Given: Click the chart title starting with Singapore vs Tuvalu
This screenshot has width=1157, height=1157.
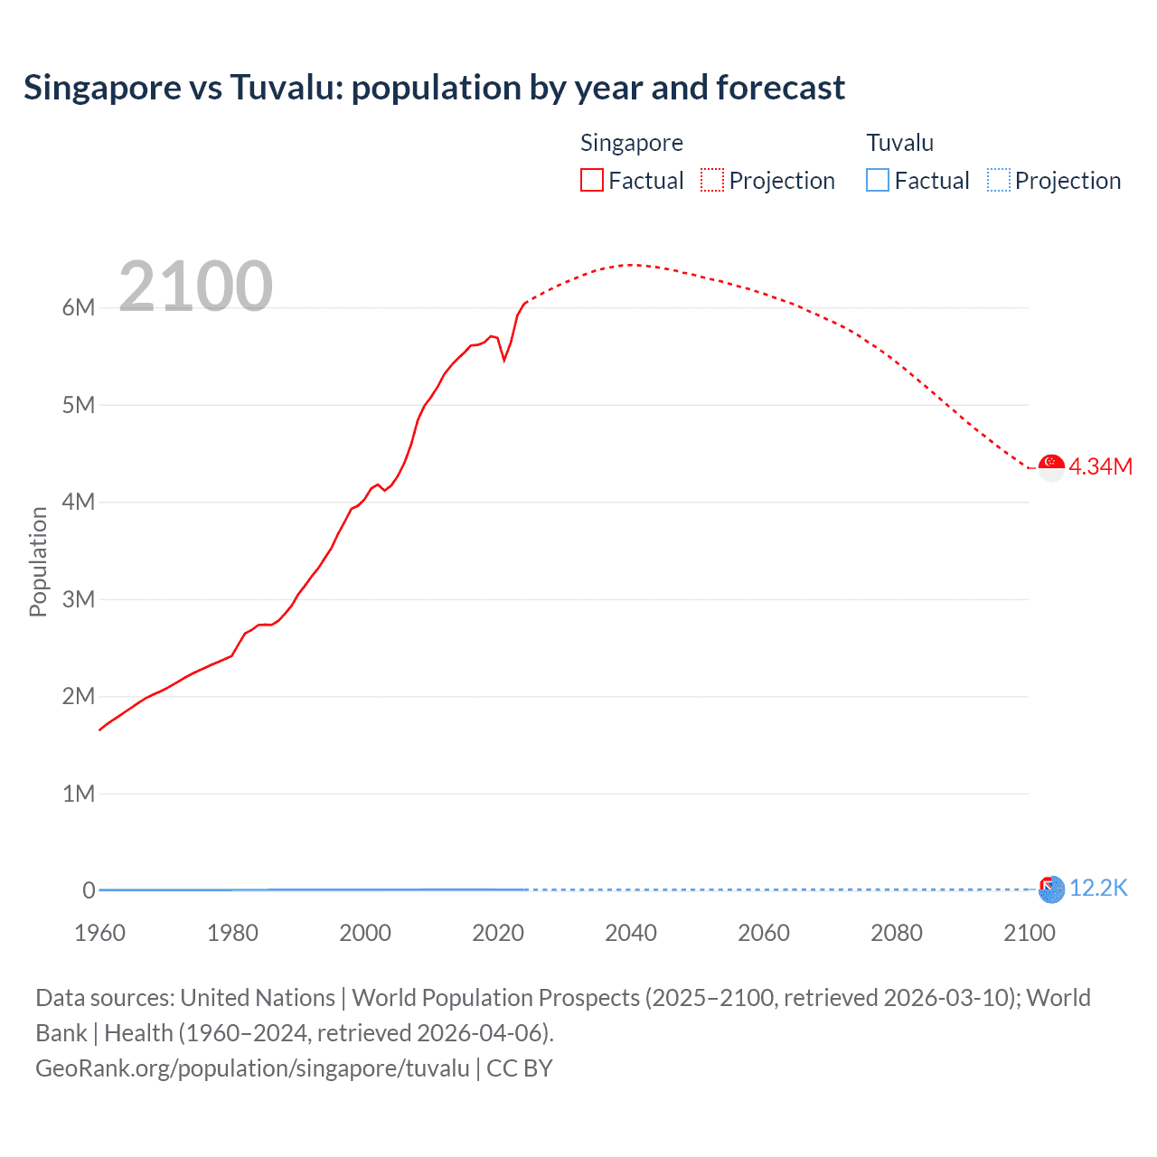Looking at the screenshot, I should pyautogui.click(x=434, y=88).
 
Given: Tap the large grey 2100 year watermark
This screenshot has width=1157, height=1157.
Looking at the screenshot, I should pyautogui.click(x=195, y=286).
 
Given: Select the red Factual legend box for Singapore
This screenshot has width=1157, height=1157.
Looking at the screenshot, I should pyautogui.click(x=592, y=180).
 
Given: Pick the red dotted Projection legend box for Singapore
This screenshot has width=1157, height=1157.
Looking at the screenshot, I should pyautogui.click(x=712, y=180).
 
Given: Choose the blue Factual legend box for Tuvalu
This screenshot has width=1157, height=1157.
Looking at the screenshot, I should pyautogui.click(x=878, y=180).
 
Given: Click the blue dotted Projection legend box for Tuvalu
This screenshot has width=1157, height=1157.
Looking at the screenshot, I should pyautogui.click(x=999, y=180).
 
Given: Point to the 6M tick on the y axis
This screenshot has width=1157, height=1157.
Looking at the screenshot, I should pyautogui.click(x=79, y=307).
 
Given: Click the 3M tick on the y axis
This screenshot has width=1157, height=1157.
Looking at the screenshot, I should pyautogui.click(x=79, y=599).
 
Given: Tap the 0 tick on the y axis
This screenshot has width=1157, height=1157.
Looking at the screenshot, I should pyautogui.click(x=89, y=890).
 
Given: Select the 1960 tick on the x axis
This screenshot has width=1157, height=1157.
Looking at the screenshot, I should pyautogui.click(x=99, y=933).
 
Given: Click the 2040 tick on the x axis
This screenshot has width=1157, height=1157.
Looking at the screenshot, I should pyautogui.click(x=631, y=933).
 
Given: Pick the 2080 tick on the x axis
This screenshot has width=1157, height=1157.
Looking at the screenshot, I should pyautogui.click(x=897, y=933).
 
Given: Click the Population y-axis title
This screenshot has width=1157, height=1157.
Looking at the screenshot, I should pyautogui.click(x=38, y=561).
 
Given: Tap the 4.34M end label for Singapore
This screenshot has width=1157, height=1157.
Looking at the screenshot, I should pyautogui.click(x=1100, y=466).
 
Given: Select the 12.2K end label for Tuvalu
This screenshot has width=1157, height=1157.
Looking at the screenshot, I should pyautogui.click(x=1098, y=889).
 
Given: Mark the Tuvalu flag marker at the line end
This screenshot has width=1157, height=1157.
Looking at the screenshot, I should pyautogui.click(x=1051, y=889).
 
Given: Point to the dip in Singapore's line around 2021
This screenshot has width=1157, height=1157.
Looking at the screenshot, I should pyautogui.click(x=504, y=360).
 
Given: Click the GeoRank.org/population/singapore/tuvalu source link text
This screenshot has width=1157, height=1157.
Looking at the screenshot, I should pyautogui.click(x=252, y=1068).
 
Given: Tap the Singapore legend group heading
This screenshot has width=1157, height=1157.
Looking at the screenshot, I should pyautogui.click(x=631, y=143).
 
